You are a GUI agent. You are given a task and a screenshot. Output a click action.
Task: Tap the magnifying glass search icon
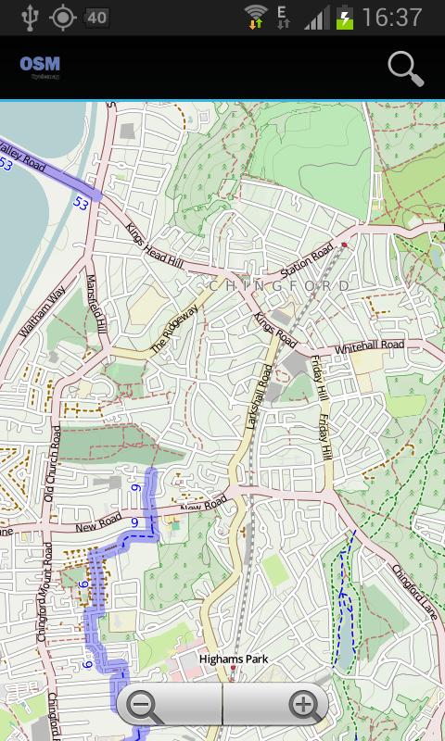click(x=405, y=69)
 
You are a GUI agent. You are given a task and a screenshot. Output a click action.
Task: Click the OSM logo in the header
click(x=40, y=65)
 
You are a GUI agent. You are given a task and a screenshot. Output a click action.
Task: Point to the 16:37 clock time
click(x=394, y=18)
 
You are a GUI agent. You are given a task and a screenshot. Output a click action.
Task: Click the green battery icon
click(x=345, y=18)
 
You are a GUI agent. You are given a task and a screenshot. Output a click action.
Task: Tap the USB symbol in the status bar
click(x=30, y=18)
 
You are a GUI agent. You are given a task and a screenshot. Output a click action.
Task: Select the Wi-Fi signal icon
click(x=256, y=18)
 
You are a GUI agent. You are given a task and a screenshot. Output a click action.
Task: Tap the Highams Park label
click(x=234, y=659)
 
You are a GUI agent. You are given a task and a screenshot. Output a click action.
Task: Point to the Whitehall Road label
click(x=370, y=345)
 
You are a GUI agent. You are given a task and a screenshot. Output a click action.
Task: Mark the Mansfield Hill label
click(x=96, y=305)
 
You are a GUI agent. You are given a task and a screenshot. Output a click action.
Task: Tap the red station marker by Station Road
click(x=344, y=245)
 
